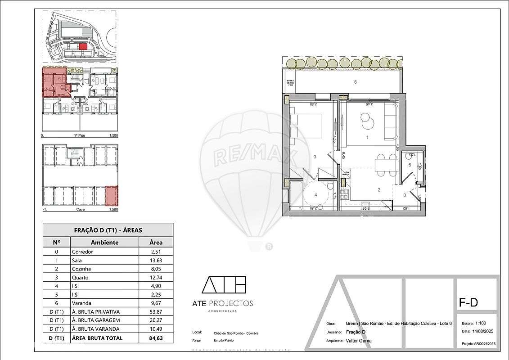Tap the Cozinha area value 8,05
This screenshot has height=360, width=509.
point(156,269)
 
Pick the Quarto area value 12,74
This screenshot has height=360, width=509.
point(156,278)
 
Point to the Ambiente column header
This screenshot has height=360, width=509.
point(104,242)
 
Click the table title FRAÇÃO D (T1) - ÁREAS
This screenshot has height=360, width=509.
point(108,230)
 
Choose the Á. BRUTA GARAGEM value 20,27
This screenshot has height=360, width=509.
point(156,320)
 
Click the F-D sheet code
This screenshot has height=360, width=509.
point(468,303)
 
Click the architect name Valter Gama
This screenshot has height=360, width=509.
point(359,341)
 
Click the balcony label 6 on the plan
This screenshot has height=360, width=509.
point(355,82)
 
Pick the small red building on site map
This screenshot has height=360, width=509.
point(82,46)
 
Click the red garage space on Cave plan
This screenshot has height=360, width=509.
point(111,196)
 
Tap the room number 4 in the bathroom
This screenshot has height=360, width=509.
point(315,195)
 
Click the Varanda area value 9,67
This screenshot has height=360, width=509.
point(156,303)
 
